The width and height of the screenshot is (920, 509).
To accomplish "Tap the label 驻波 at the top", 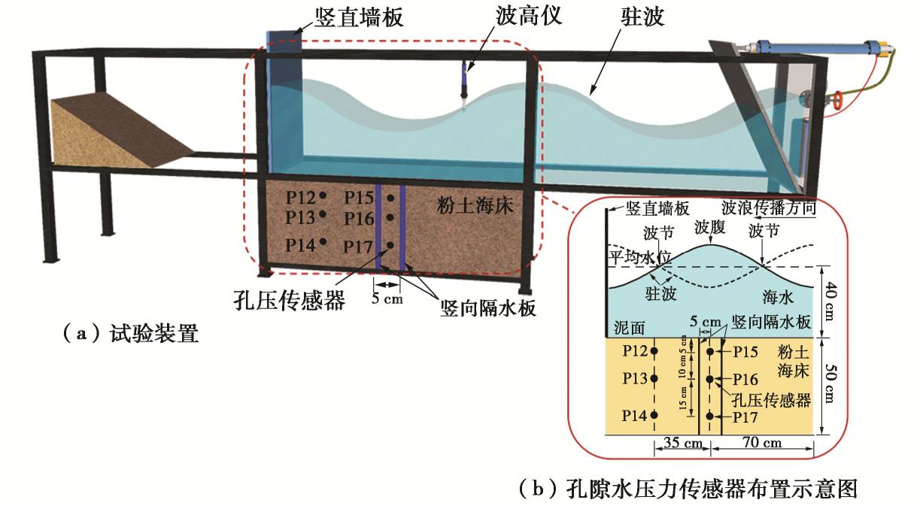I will click(x=644, y=17).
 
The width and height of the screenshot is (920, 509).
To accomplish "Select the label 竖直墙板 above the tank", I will click(x=348, y=17).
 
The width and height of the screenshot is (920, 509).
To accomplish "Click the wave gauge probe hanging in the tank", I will click(x=465, y=84).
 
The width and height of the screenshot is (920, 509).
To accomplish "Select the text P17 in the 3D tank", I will click(x=358, y=246).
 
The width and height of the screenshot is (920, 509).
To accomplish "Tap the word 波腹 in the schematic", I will click(x=710, y=227).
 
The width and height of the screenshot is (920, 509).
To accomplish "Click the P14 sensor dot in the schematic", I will click(x=654, y=415).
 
